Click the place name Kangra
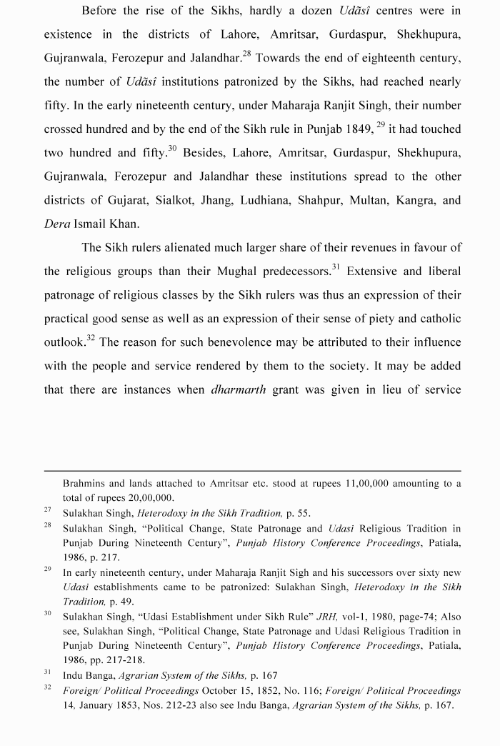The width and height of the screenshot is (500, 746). click(418, 200)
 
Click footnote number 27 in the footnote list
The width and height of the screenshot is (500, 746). click(48, 511)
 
